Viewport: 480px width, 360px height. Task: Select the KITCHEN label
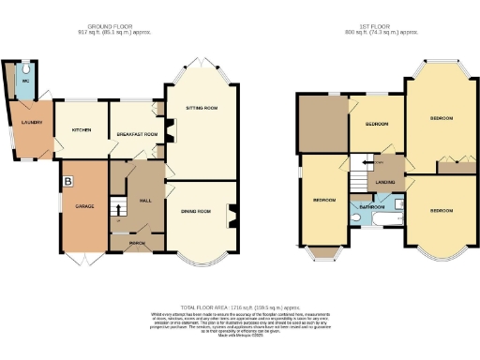82,130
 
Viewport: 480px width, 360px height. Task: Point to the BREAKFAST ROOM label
136,134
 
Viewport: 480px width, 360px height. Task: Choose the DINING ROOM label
196,212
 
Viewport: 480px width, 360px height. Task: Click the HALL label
145,200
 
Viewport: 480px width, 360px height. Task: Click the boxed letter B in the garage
67,180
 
